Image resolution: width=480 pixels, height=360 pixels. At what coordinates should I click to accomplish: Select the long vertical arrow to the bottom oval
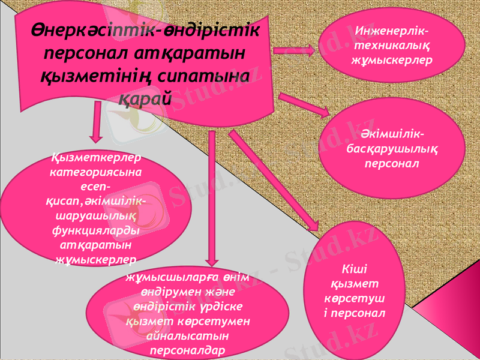211,198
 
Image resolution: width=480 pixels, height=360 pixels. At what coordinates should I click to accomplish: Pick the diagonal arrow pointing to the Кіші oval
273,180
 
